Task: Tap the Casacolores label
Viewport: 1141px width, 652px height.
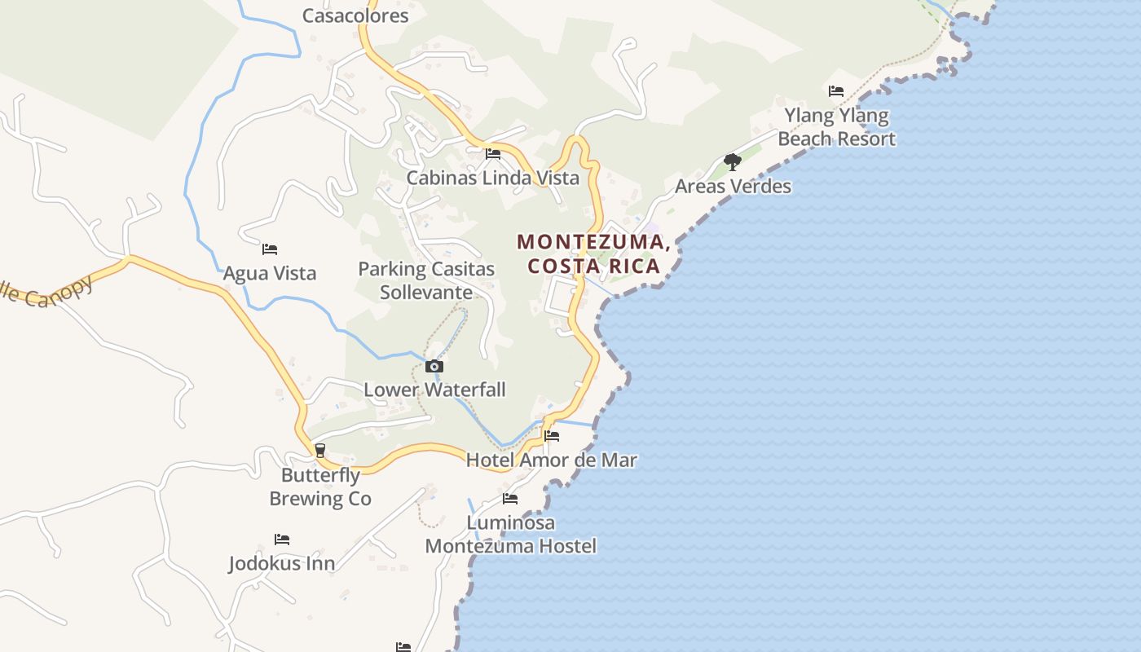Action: point(355,15)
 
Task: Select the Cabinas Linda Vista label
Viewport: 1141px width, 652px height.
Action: point(493,178)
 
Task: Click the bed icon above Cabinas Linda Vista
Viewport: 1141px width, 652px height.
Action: point(493,153)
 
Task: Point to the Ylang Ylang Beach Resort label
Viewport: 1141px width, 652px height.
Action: point(836,127)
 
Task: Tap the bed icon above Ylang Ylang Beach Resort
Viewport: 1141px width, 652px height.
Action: point(836,90)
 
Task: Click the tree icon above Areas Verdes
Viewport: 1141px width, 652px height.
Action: point(733,162)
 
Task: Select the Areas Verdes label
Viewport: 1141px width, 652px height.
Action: point(733,186)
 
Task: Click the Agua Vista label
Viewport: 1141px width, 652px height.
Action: point(270,273)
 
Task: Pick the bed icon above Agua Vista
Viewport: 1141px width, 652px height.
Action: point(270,249)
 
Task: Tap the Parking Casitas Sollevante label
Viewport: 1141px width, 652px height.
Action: point(426,280)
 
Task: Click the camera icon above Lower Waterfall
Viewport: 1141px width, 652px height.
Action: point(434,367)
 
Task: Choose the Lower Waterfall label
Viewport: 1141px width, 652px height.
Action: point(434,390)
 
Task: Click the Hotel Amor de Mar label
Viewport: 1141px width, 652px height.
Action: point(552,460)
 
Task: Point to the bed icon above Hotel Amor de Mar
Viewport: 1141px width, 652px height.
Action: point(552,436)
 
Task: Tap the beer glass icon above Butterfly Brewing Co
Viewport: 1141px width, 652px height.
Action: point(320,451)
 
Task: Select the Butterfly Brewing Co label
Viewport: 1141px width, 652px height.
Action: point(320,487)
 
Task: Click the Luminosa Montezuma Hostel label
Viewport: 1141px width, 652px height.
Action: point(511,534)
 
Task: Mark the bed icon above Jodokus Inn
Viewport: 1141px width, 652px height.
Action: point(282,540)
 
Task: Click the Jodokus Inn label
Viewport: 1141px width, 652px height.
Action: point(282,563)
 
